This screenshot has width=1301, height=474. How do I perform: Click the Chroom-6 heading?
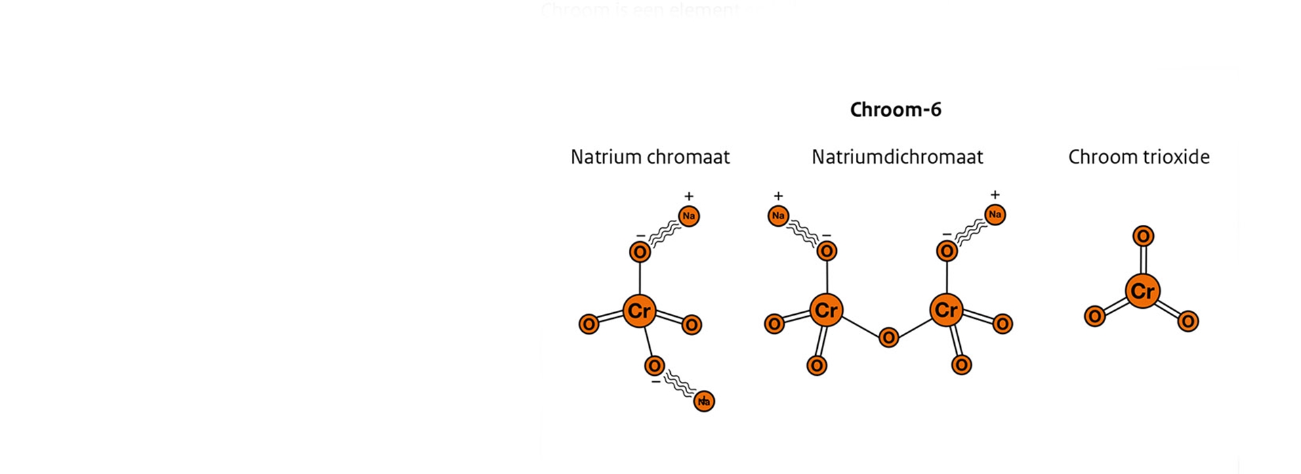coord(896,110)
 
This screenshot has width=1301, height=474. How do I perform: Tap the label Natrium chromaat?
coord(650,157)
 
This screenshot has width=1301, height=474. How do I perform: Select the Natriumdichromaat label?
coord(897,157)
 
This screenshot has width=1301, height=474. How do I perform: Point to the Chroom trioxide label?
coord(1138,157)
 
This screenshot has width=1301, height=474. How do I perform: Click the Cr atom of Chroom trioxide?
coord(1142,291)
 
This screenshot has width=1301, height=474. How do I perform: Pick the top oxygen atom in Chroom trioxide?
coord(1143,236)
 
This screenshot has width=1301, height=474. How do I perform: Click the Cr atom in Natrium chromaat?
coord(639,311)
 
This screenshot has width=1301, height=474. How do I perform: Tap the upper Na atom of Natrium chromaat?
coord(688,216)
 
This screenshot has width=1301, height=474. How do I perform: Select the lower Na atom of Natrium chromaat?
coord(704,401)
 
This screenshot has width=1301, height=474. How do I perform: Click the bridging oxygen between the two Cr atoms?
coord(888,337)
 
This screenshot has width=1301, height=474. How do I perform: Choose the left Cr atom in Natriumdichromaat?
coord(826,311)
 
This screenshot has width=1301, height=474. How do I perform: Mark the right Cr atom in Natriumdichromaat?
coord(946,311)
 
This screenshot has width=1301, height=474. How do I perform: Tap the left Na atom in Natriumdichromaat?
coord(778,216)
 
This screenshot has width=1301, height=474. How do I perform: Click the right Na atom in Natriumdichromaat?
coord(995,215)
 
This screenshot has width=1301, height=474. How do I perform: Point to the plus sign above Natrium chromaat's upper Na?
coord(688,196)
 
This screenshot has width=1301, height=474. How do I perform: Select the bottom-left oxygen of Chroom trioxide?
coord(1094,316)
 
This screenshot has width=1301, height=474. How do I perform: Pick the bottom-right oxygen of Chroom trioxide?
coord(1188,321)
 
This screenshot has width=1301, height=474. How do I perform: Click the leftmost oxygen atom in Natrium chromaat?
coord(589,324)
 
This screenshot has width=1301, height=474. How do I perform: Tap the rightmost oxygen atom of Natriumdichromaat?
coord(1003,324)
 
